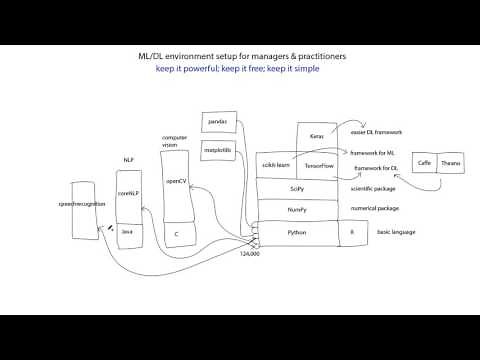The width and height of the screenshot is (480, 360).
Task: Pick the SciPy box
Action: [x=297, y=188]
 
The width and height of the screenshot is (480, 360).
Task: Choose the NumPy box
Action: [x=297, y=210]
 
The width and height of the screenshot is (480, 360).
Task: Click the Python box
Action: [x=297, y=232]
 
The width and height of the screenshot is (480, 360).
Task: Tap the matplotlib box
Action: [x=216, y=150]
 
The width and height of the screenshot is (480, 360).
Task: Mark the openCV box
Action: [x=175, y=182]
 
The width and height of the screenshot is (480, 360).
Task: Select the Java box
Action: [x=127, y=232]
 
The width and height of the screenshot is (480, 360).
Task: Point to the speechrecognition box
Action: [x=83, y=205]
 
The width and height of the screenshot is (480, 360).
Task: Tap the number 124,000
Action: [x=250, y=254]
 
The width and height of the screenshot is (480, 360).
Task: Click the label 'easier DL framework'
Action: [x=376, y=131]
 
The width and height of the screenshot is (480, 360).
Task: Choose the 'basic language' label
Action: [x=395, y=232]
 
